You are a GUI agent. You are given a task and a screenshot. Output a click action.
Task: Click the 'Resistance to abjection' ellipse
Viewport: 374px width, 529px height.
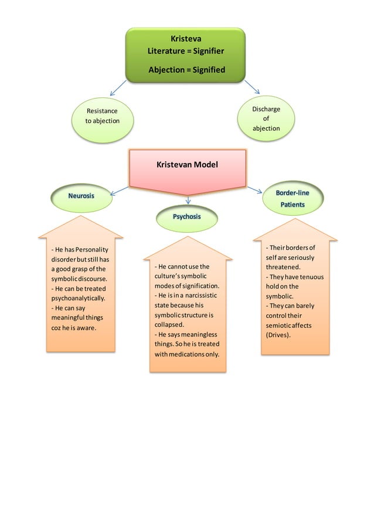(x=102, y=116)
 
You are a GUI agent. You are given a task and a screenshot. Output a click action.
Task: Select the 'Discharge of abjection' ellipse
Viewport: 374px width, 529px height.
(x=266, y=118)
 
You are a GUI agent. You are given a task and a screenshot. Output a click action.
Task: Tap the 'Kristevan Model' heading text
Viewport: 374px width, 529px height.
(x=187, y=165)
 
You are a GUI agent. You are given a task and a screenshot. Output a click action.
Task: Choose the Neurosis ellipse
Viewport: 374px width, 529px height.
(x=81, y=196)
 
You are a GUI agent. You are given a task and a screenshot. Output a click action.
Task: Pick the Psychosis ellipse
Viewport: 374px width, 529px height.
(x=187, y=217)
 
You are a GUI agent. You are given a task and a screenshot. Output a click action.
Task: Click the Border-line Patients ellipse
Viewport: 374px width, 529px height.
(x=293, y=199)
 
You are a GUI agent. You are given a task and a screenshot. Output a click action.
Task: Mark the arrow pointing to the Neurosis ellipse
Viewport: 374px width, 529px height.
(x=120, y=189)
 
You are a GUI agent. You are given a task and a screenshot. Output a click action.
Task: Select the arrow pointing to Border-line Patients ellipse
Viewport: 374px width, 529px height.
(x=254, y=189)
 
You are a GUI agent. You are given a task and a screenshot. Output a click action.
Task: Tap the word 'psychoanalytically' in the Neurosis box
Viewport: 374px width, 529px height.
(x=78, y=299)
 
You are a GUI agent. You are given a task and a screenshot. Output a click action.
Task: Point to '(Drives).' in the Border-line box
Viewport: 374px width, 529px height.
(x=279, y=335)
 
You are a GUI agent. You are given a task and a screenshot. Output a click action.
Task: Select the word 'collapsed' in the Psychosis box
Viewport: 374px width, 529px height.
(x=169, y=324)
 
